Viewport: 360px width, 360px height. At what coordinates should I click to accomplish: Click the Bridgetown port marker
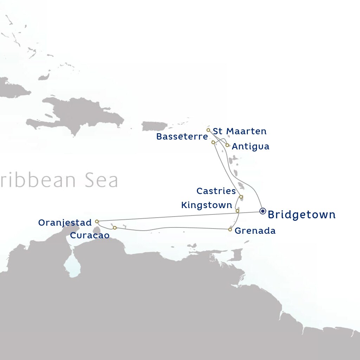tap(263, 211)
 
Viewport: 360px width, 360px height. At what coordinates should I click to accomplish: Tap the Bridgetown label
tap(302, 215)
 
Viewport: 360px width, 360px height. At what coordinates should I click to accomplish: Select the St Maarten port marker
tap(208, 130)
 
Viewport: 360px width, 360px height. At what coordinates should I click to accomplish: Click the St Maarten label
tap(240, 131)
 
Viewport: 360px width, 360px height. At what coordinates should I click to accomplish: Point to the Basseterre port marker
tap(213, 142)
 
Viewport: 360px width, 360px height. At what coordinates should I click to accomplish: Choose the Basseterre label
tap(182, 137)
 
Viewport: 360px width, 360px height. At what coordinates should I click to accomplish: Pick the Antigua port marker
tap(227, 145)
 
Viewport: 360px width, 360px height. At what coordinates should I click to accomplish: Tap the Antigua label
tap(251, 147)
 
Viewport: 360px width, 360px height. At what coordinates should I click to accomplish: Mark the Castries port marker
tap(241, 197)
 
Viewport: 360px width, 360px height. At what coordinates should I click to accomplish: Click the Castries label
tap(216, 191)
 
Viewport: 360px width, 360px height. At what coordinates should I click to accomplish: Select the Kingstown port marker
tap(237, 211)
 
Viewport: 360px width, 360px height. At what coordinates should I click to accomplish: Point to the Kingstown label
tap(207, 205)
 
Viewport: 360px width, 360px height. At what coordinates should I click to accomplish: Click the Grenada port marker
tap(230, 230)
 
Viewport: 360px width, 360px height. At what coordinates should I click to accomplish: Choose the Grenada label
tap(255, 231)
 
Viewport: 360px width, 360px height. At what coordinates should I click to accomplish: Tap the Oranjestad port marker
tap(97, 221)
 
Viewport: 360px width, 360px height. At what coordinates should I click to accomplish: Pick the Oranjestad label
tap(65, 223)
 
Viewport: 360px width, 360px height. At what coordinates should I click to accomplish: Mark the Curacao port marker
tap(115, 228)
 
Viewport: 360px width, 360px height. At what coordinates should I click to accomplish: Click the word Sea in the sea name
tap(101, 180)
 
